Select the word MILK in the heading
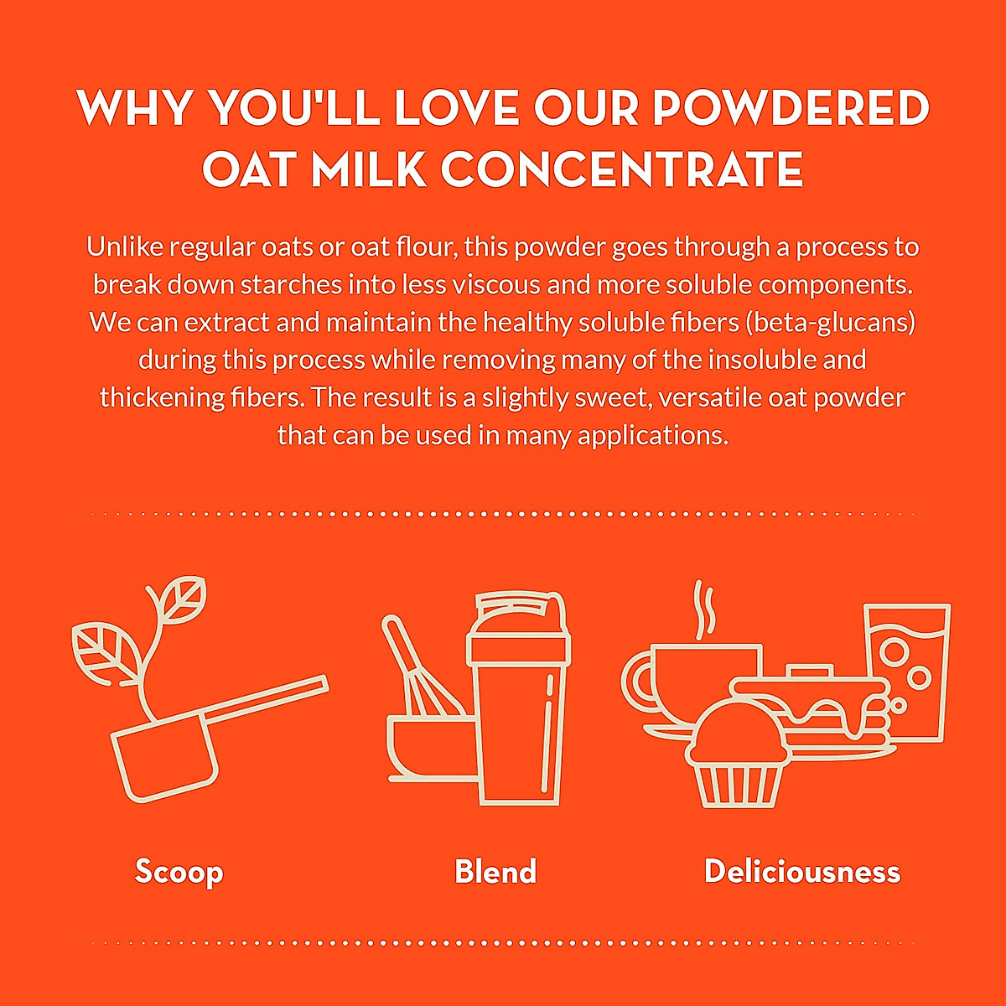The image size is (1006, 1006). [x=368, y=169]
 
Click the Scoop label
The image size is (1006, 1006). [x=179, y=871]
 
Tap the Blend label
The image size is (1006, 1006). [x=495, y=871]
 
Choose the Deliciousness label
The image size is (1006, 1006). [x=802, y=871]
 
